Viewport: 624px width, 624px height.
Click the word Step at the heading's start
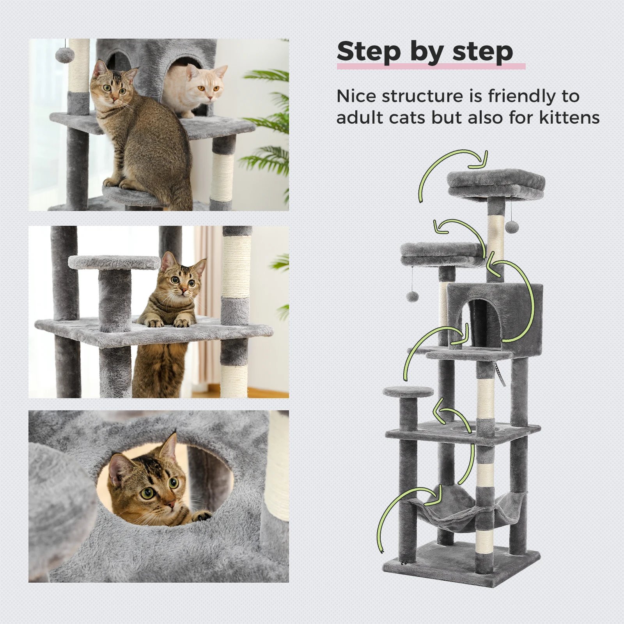[369, 51]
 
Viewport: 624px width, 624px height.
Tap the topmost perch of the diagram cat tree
[496, 183]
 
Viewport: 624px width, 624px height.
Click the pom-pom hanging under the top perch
[511, 226]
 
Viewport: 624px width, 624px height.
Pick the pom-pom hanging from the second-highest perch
[412, 297]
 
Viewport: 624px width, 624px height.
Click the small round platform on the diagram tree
[408, 392]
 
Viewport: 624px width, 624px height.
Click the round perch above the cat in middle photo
[114, 262]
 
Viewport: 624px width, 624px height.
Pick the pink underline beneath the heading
[431, 66]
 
